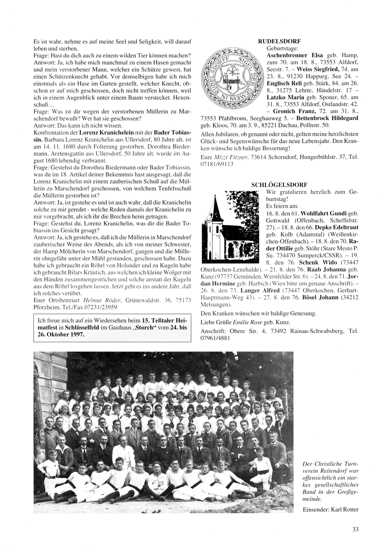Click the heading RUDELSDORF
click(x=279, y=41)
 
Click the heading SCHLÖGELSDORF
click(x=279, y=184)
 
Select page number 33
click(x=355, y=529)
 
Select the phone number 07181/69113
click(x=216, y=164)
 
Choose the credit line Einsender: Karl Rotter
click(x=330, y=509)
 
